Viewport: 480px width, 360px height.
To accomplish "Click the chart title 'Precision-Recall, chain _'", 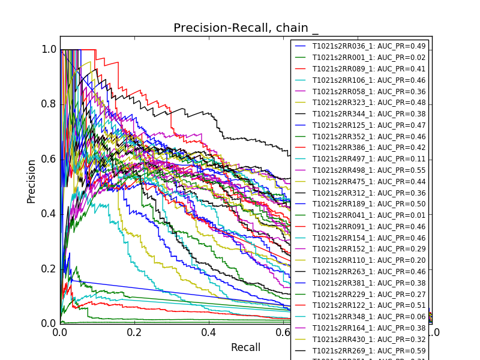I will pos(246,28).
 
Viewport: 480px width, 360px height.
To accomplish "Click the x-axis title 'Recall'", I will pos(246,347).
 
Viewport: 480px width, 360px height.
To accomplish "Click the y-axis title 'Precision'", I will pos(31,181).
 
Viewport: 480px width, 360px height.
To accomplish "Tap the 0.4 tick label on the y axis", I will pos(49,214).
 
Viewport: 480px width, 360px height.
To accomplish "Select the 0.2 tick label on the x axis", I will pos(134,332).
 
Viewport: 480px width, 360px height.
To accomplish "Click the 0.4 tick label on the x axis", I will pos(209,332).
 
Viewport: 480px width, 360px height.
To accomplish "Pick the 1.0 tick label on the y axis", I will pos(49,50).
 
